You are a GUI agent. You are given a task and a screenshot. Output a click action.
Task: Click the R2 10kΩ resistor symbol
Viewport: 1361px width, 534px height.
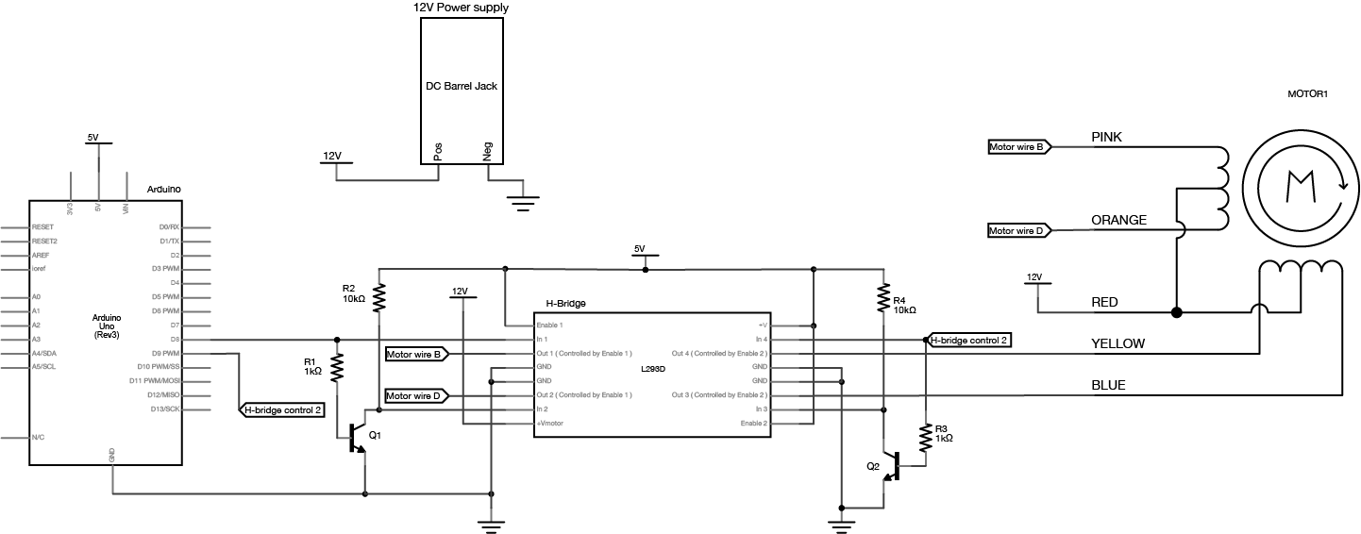(x=378, y=298)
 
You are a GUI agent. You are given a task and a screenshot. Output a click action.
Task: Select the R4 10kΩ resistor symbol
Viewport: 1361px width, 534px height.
(x=883, y=299)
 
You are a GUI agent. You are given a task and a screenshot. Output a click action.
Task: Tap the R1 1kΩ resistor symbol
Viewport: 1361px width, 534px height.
(x=336, y=366)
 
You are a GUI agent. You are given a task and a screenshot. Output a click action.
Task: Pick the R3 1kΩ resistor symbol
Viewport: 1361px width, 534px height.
(x=925, y=436)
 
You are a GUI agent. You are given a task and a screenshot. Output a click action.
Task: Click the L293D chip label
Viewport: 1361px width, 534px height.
(x=652, y=368)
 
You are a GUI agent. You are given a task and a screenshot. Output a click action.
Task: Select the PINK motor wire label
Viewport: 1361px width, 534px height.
(x=1106, y=137)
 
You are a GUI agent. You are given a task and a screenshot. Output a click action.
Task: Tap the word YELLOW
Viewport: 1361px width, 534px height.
(x=1117, y=343)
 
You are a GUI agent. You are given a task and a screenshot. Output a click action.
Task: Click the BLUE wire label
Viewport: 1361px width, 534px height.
(x=1108, y=385)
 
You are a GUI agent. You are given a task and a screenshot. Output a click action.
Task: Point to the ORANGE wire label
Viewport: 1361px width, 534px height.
(x=1118, y=220)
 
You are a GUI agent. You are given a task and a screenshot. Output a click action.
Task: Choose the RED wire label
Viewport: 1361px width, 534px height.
(x=1104, y=302)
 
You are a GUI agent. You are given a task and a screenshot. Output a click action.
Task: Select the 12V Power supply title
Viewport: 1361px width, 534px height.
(x=461, y=8)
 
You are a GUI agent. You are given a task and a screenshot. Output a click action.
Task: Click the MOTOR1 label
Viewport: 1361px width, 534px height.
(x=1307, y=94)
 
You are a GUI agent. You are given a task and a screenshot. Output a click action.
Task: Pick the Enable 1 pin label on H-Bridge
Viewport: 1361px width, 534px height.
(x=549, y=325)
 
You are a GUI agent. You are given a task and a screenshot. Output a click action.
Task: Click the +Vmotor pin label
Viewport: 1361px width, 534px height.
(x=550, y=424)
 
